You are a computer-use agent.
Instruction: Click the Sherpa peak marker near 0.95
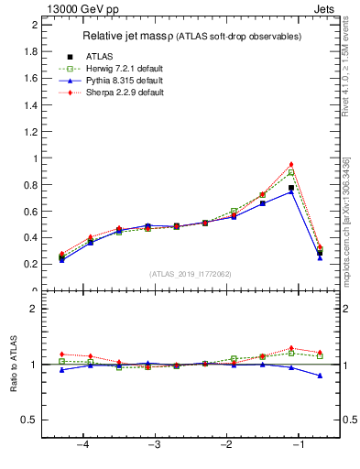pos(291,165)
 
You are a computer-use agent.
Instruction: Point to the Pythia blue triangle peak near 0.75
pos(291,191)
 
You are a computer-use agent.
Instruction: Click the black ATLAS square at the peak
pos(291,188)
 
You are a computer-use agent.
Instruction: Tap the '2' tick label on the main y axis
pos(34,25)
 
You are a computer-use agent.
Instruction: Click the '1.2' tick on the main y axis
pos(30,131)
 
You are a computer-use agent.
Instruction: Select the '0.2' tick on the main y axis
pos(30,264)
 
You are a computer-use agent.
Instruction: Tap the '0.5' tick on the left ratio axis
pos(30,420)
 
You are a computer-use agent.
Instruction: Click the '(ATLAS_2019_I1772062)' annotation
pos(190,274)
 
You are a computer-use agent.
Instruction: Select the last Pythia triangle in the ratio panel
pos(320,376)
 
